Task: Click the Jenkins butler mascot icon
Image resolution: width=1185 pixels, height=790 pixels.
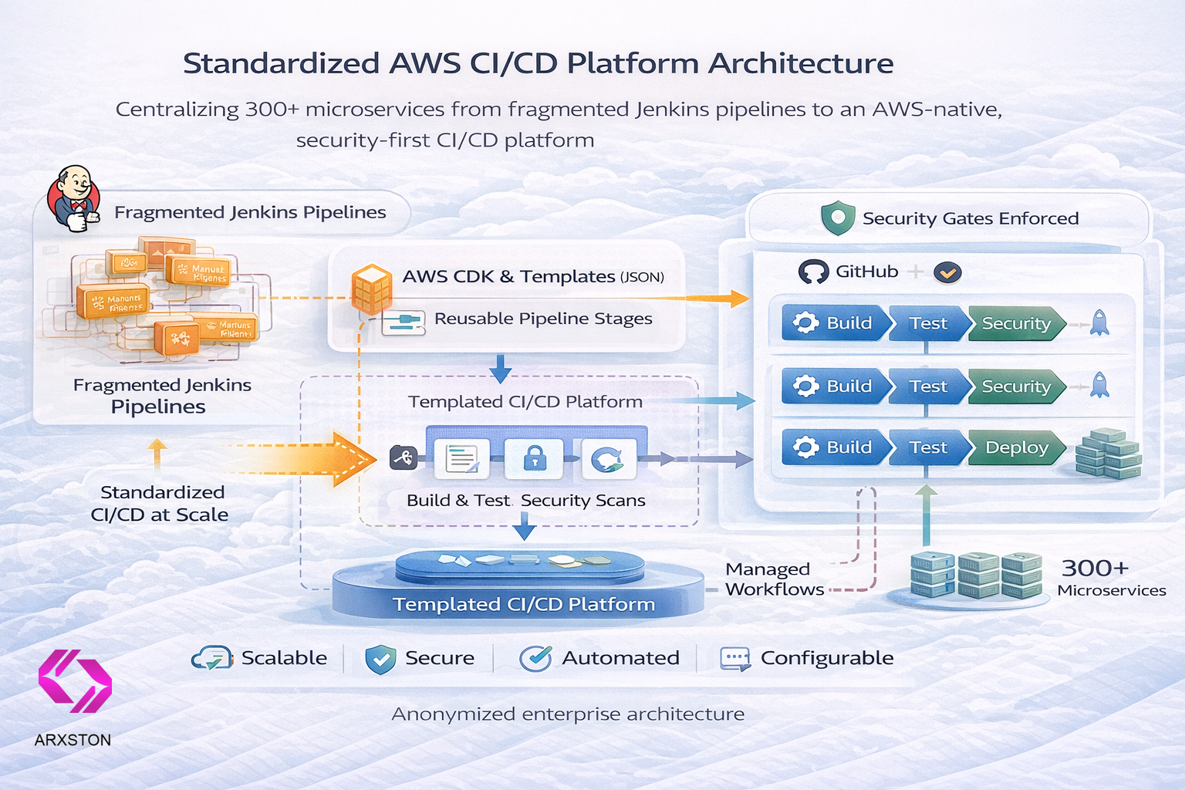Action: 74,198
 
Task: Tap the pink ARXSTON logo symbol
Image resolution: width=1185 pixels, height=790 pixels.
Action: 75,680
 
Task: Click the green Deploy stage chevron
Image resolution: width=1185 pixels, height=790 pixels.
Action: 1016,447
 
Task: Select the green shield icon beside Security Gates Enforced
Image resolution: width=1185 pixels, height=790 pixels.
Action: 838,218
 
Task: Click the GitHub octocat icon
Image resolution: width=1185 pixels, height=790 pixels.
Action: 813,272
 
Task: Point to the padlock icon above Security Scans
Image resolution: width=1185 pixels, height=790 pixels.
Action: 535,459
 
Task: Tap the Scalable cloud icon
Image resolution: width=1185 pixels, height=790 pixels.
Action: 211,658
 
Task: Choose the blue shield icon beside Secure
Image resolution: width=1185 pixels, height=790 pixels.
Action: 380,659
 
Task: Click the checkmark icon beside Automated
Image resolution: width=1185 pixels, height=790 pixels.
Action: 535,658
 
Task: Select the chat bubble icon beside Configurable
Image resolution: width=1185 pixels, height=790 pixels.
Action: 734,659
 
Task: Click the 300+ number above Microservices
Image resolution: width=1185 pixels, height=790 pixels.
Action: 1095,569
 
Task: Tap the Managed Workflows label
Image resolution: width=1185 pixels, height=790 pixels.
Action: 774,579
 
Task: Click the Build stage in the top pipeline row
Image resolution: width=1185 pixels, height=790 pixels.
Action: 835,323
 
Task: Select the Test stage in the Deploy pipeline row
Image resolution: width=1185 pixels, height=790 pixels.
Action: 927,447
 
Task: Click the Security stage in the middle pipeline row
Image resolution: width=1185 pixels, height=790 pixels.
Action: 1015,387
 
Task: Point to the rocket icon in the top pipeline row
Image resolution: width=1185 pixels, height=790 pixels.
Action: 1099,322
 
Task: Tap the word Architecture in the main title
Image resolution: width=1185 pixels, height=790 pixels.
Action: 801,63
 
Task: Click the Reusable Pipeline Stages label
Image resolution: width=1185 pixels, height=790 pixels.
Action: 543,319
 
